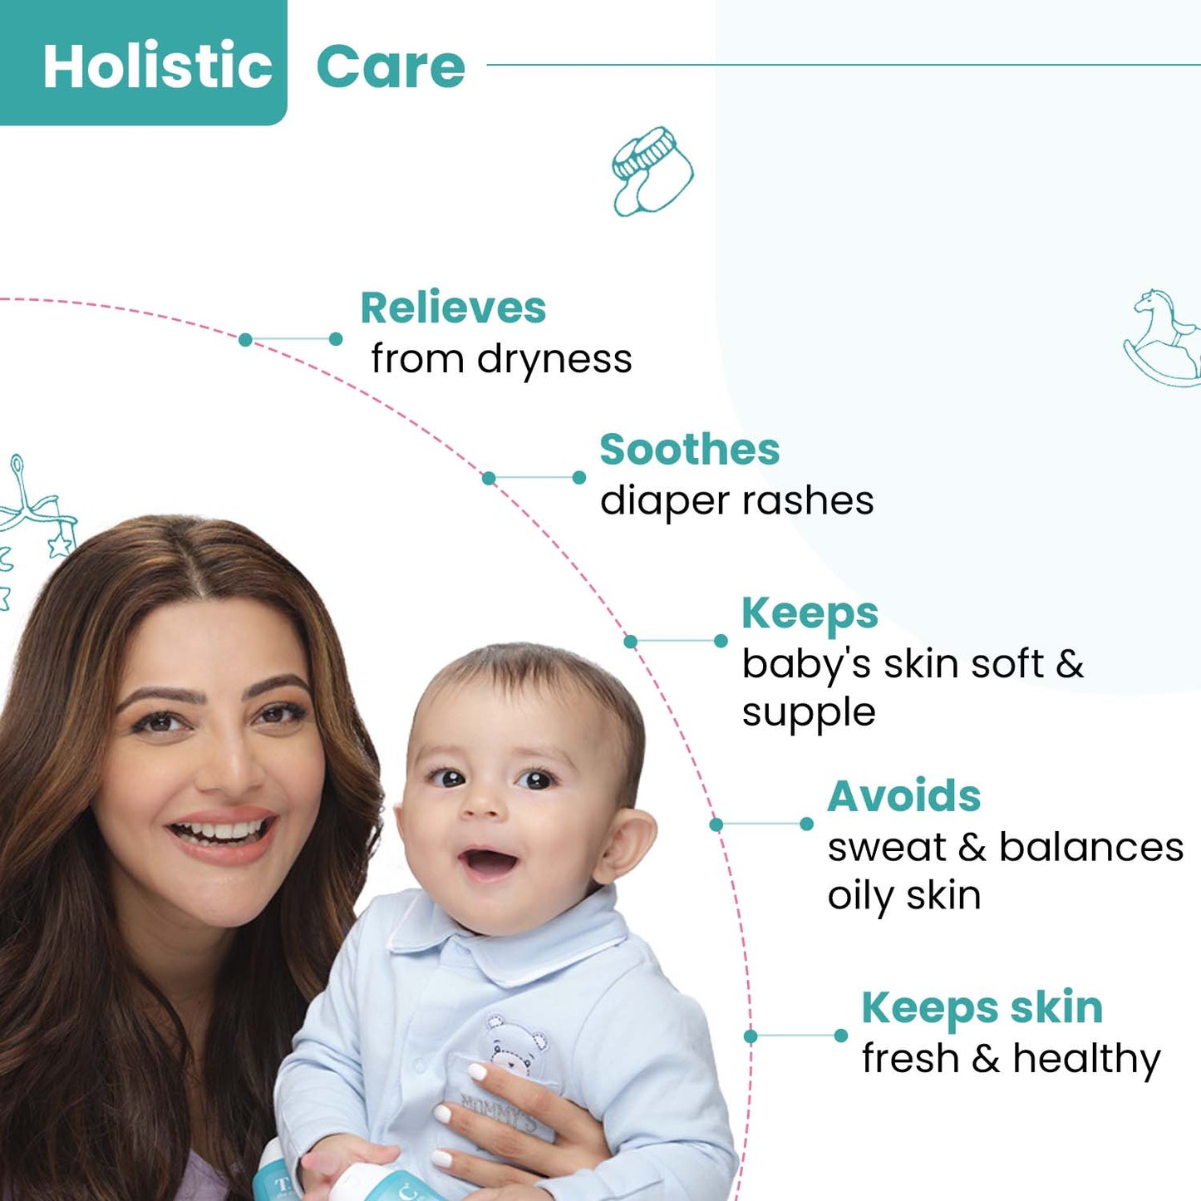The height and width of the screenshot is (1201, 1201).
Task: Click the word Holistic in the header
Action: [x=157, y=66]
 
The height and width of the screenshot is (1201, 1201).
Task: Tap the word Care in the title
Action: [x=391, y=66]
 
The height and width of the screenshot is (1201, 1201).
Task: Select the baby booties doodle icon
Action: [x=652, y=171]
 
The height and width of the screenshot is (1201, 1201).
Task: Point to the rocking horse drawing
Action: [x=1163, y=337]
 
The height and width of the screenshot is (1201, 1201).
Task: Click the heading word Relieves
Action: [x=453, y=308]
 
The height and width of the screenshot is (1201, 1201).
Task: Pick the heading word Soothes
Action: [x=689, y=450]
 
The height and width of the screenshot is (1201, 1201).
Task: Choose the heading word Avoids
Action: [x=903, y=796]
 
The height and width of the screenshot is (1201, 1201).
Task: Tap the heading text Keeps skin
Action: [x=982, y=1008]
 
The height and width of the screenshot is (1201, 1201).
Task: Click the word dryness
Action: [x=554, y=360]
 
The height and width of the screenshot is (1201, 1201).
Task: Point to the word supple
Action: [x=809, y=714]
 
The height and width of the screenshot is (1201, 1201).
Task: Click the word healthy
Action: [x=1086, y=1060]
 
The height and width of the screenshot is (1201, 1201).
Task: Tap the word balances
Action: [x=1090, y=847]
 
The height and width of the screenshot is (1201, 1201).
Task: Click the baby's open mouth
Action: [x=489, y=864]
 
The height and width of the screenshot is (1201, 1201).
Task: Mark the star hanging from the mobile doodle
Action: [x=61, y=544]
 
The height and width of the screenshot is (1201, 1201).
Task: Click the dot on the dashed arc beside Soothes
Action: [x=489, y=478]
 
